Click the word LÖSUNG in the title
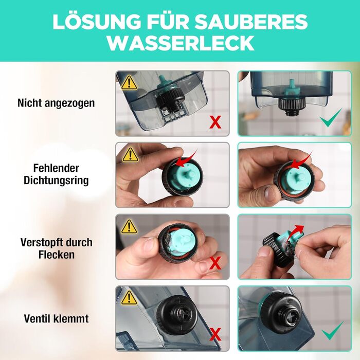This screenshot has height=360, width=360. [97, 22]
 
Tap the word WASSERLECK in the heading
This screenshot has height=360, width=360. [181, 43]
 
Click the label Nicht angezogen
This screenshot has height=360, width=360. [56, 103]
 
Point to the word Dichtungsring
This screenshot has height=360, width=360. [56, 181]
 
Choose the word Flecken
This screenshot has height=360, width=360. [57, 255]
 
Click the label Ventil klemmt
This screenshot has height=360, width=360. [56, 319]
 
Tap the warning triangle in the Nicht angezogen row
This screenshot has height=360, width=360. [130, 83]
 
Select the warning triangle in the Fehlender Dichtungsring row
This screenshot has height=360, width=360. [130, 155]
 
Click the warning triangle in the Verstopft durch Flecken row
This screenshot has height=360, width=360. [130, 227]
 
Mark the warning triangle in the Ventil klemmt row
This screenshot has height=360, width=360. [129, 298]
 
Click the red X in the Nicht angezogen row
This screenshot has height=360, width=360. [215, 122]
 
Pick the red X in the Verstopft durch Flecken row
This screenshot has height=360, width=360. [215, 263]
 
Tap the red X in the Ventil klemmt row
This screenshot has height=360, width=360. [215, 334]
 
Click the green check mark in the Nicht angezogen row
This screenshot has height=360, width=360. [331, 118]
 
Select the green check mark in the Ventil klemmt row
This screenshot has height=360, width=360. [332, 331]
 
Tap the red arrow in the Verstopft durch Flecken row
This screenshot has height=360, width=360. [296, 232]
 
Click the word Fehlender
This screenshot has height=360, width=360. [56, 168]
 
